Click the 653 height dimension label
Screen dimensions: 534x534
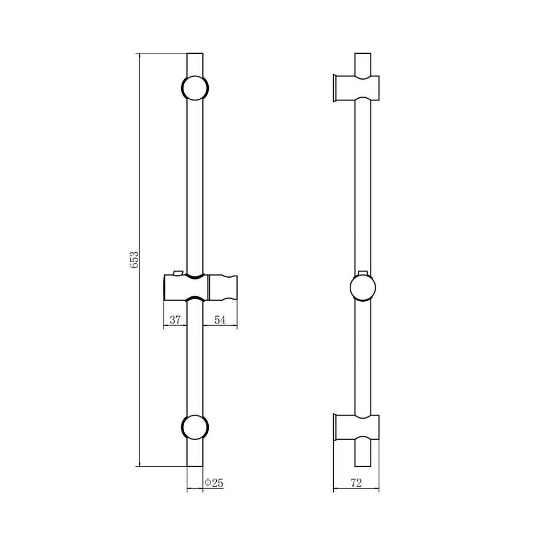point(135,260)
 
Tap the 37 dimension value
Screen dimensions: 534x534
point(175,320)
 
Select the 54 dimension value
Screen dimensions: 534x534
point(220,320)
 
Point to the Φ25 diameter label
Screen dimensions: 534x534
point(214,483)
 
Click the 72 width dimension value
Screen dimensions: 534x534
point(356,483)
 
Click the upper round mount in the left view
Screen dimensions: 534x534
point(195,88)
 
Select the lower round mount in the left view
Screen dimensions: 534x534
point(195,427)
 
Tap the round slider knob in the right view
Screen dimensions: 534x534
point(363,288)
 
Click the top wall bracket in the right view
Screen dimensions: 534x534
point(356,88)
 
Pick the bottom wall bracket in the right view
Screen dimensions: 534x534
point(356,427)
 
